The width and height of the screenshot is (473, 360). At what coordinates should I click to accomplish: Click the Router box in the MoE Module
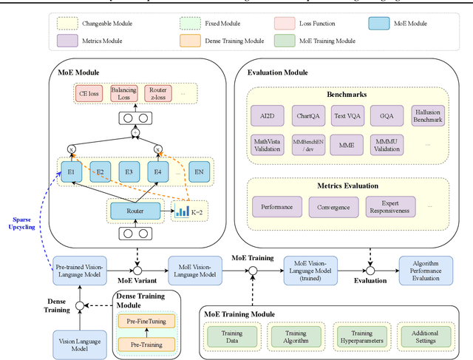135,211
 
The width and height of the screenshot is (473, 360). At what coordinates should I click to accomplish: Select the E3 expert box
129,171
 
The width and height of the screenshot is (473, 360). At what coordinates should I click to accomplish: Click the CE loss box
90,93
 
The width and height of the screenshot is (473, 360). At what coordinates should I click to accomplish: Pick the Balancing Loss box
123,93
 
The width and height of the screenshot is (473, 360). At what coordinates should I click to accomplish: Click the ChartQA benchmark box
308,117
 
